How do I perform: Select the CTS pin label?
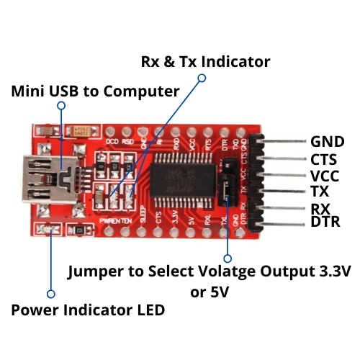click(325, 159)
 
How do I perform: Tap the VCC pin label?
click(325, 176)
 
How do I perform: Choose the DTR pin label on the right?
click(325, 222)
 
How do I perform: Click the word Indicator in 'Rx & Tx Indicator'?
click(235, 62)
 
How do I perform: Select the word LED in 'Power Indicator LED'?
click(150, 310)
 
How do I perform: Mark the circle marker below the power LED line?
click(50, 294)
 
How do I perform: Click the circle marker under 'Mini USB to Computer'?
click(61, 105)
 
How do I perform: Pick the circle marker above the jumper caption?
click(228, 257)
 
